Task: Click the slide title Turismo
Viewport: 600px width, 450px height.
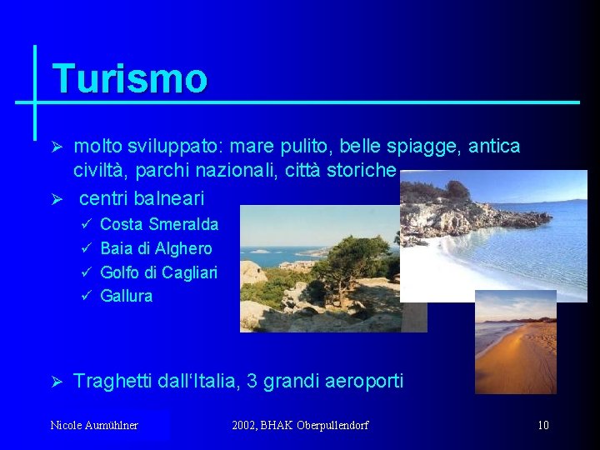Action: [x=129, y=79]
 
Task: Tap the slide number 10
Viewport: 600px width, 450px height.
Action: [x=542, y=426]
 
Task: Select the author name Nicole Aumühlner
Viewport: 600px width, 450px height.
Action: [x=94, y=426]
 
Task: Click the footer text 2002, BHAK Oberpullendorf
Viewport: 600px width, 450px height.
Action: [x=300, y=426]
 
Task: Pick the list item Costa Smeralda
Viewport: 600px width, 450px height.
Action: [x=158, y=224]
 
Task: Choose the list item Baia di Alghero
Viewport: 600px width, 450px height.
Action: [x=156, y=248]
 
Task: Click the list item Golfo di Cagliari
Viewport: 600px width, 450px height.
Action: [x=158, y=272]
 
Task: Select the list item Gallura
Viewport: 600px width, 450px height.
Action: [x=126, y=296]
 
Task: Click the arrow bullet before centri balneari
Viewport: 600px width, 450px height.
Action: [x=58, y=200]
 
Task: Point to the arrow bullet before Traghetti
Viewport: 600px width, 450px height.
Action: [x=58, y=382]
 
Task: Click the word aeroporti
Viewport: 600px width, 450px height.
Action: [x=362, y=382]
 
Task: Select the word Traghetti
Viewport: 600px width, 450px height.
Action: [x=113, y=382]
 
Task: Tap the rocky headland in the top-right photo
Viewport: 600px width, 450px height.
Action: [x=467, y=212]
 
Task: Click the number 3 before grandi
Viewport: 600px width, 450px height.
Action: [x=251, y=382]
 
